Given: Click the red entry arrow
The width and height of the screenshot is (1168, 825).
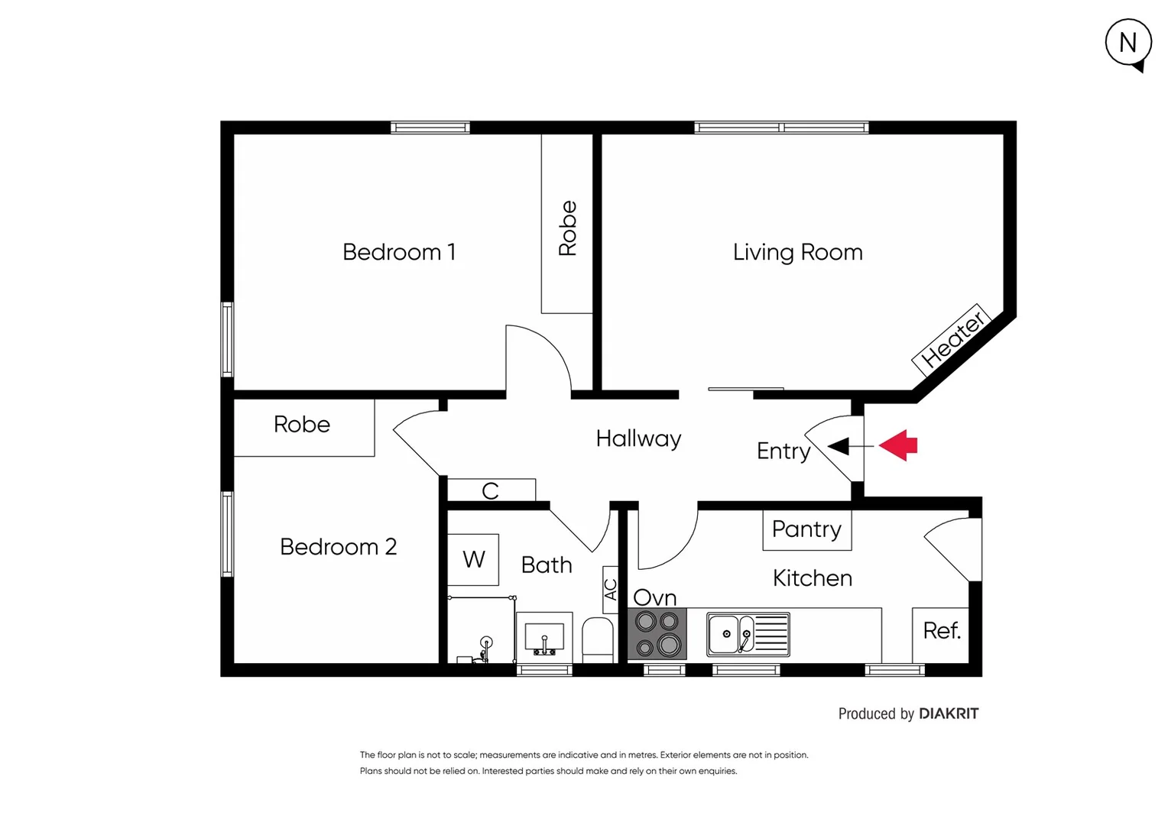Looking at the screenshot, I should (x=899, y=445).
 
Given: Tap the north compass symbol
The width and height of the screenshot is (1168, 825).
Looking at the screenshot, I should (x=1128, y=44).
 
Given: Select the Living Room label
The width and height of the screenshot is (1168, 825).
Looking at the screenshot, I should (x=797, y=252).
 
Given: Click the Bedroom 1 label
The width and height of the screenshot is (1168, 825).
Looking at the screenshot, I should (x=398, y=252).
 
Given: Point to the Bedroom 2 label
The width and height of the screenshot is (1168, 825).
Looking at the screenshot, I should (x=338, y=547).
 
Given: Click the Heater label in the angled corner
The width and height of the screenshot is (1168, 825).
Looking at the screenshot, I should (x=952, y=338).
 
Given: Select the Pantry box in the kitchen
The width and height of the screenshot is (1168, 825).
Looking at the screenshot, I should (x=806, y=529).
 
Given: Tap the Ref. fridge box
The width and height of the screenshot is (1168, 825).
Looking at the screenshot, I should (x=941, y=632).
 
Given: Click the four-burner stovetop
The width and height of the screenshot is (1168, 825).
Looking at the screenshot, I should (x=657, y=634).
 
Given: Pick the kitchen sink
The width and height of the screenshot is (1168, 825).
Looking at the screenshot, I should (x=747, y=634).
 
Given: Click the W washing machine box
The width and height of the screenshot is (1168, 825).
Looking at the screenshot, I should (x=473, y=560).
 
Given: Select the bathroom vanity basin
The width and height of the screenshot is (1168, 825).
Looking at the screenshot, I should (x=544, y=637).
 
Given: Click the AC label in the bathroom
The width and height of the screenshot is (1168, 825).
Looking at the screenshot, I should (x=610, y=590).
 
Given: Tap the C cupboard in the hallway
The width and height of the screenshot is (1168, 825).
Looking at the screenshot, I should (x=491, y=490).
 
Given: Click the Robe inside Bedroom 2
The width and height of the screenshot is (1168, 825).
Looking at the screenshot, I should (x=303, y=425).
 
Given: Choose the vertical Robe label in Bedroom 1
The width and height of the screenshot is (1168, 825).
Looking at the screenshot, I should (x=567, y=228).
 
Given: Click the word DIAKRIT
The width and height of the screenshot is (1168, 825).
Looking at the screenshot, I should (x=948, y=713).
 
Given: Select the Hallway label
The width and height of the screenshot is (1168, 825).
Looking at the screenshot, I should (x=638, y=438).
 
